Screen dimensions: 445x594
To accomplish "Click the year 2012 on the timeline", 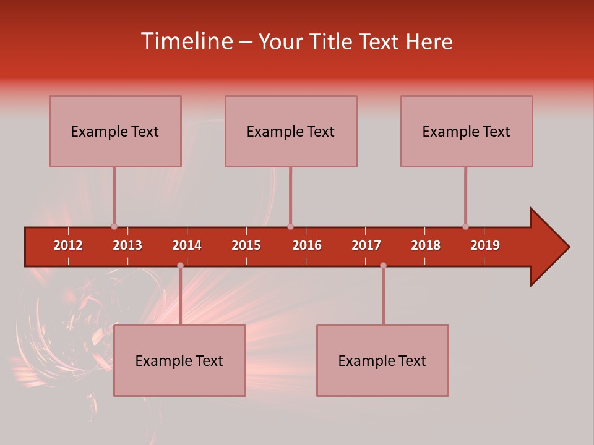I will click(x=68, y=245).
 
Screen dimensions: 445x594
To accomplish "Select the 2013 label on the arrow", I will click(x=127, y=245).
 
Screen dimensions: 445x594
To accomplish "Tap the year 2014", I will click(x=187, y=245).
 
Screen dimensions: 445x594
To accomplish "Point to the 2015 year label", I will click(x=246, y=245).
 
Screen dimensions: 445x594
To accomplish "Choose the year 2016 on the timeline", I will click(x=307, y=245).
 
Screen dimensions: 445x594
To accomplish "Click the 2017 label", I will click(x=366, y=245).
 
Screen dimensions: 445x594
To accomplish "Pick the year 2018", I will click(x=426, y=245).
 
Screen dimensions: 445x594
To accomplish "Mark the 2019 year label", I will click(x=485, y=245).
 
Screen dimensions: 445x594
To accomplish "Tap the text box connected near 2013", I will click(x=115, y=131).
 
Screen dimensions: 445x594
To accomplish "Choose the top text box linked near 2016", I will click(x=291, y=131).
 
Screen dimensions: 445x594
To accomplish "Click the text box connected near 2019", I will click(x=467, y=131).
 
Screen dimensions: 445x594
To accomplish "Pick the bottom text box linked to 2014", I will click(x=179, y=360).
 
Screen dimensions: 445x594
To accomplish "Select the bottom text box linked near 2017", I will click(x=382, y=360).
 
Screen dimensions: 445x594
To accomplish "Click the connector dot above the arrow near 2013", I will click(x=114, y=226).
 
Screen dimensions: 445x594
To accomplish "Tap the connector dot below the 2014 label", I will click(x=180, y=265).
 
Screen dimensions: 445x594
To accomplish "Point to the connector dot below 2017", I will click(x=383, y=265).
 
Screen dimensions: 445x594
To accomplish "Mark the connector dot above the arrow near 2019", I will click(x=465, y=226).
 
